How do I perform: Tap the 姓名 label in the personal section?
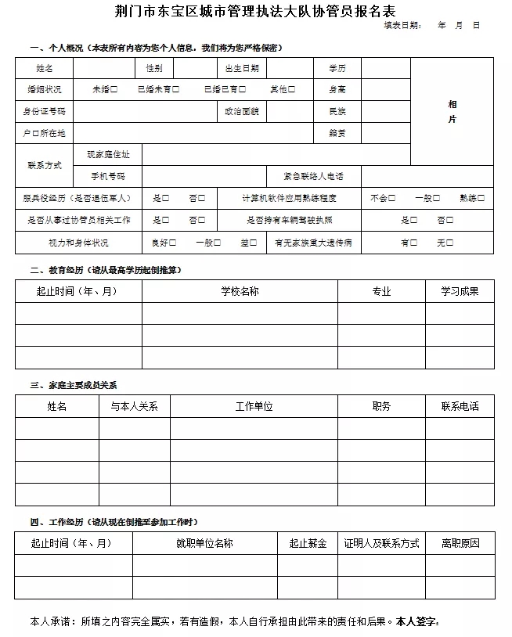pos(45,69)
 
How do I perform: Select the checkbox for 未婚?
pos(114,90)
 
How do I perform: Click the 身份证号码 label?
pos(45,112)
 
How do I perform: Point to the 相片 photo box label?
pos(453,112)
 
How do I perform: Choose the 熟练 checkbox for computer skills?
pos(481,199)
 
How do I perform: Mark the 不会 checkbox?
pos(392,199)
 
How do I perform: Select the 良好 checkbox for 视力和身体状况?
pos(173,243)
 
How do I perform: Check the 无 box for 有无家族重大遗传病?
pos(450,243)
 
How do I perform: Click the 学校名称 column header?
pos(240,291)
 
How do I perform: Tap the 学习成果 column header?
pos(460,291)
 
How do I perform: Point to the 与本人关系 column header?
pos(134,407)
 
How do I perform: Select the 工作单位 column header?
pos(254,407)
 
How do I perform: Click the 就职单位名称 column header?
pos(204,543)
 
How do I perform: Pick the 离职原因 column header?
pos(460,543)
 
